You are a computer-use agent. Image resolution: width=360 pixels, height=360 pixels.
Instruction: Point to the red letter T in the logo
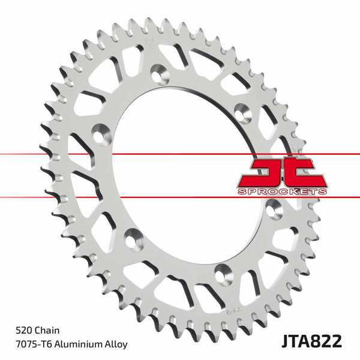(307, 172)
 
